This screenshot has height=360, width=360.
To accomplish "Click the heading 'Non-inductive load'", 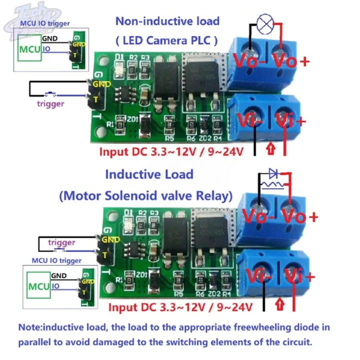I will tap(167, 21).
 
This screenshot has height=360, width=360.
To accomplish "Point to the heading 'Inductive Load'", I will tap(148, 174).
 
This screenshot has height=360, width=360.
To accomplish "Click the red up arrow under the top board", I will tap(270, 148).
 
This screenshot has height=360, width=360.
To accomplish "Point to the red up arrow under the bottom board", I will tap(280, 303).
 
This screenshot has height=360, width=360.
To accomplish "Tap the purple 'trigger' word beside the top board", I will tap(50, 103).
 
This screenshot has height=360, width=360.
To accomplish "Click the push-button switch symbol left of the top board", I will tap(50, 93).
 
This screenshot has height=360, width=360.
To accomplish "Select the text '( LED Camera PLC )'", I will tap(167, 39).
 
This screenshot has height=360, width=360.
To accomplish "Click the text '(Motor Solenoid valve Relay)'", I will tap(145, 194).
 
